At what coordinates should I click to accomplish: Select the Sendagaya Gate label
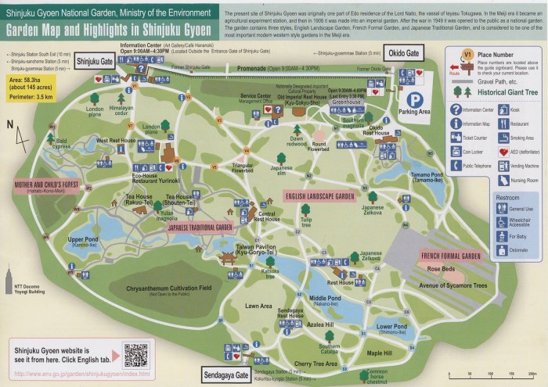tap(225, 373)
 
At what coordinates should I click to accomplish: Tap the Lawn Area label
tap(258, 306)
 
